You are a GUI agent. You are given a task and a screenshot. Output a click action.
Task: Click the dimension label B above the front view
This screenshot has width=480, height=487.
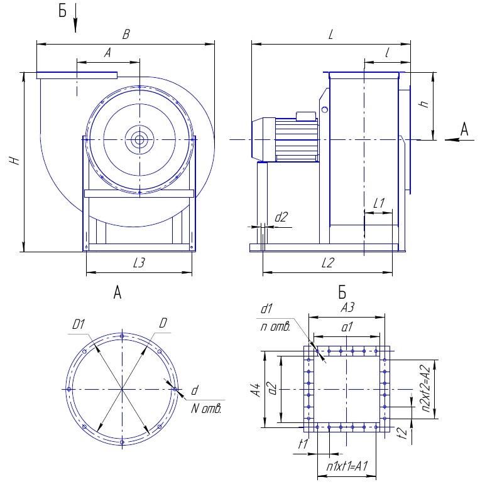pyautogui.click(x=126, y=34)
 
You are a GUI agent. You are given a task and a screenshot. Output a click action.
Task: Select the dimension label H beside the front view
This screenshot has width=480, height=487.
pyautogui.click(x=14, y=160)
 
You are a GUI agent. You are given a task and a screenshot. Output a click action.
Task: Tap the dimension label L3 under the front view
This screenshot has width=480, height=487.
pyautogui.click(x=139, y=263)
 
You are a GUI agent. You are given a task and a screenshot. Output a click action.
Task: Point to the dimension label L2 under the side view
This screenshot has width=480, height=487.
pyautogui.click(x=328, y=263)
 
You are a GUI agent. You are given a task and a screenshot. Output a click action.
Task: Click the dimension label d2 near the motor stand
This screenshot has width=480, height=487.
pyautogui.click(x=281, y=217)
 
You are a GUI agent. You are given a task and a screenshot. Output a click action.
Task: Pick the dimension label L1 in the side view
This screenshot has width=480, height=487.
pyautogui.click(x=379, y=203)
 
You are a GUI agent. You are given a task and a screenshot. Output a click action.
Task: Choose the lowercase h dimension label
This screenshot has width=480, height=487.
pyautogui.click(x=424, y=104)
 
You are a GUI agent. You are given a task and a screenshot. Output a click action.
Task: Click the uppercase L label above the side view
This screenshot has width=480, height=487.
pyautogui.click(x=330, y=34)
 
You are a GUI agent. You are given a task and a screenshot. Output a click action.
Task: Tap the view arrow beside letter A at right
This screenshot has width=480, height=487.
pyautogui.click(x=459, y=140)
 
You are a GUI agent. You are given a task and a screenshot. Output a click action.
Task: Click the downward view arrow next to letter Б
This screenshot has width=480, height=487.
pyautogui.click(x=75, y=18)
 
